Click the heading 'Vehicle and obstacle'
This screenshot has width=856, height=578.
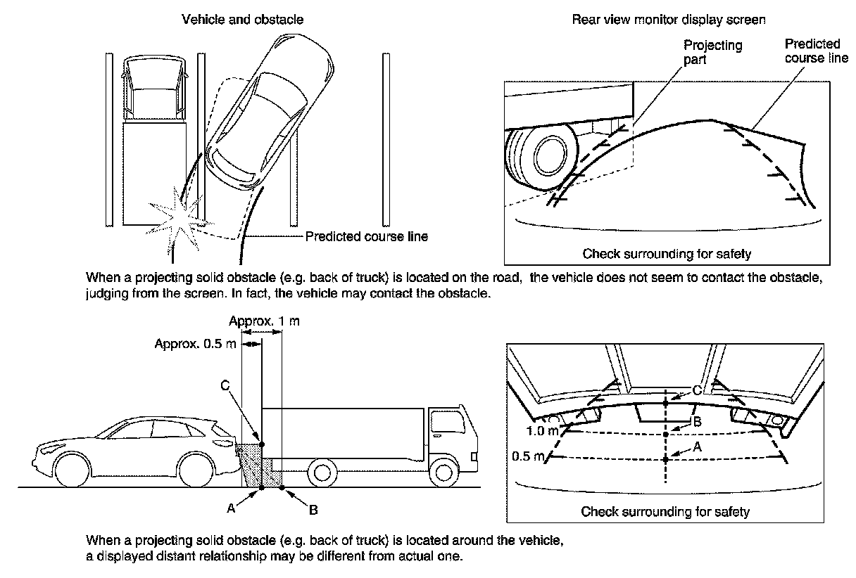click(x=243, y=20)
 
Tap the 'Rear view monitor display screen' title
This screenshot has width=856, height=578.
click(x=668, y=20)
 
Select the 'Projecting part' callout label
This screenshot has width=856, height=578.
click(x=712, y=52)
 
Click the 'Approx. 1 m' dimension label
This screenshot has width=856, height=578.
click(x=265, y=321)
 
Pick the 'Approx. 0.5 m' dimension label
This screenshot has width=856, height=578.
click(x=195, y=344)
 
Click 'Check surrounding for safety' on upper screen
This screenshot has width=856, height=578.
click(x=667, y=253)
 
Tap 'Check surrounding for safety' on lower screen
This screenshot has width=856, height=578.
click(x=665, y=511)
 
